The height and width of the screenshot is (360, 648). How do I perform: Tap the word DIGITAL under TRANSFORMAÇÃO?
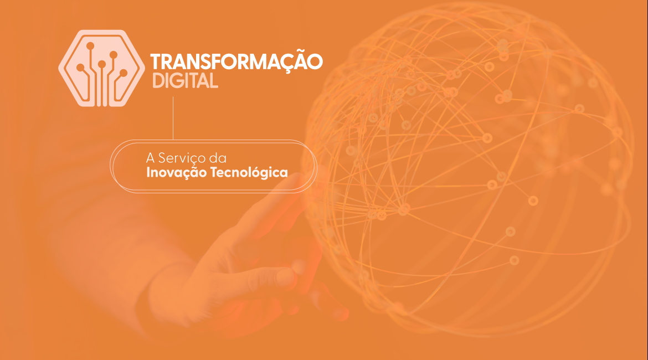point(185,81)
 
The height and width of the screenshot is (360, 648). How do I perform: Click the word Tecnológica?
point(256,173)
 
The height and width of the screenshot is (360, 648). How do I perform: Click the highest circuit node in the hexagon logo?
point(91,45)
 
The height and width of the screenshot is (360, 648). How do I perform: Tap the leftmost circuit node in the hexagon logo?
point(80,68)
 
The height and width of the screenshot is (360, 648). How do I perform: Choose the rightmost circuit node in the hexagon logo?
point(124,73)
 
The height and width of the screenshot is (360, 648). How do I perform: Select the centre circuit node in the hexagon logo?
point(102,64)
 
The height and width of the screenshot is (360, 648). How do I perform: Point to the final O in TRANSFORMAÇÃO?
point(315,62)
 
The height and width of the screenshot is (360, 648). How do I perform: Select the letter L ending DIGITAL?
point(213,81)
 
